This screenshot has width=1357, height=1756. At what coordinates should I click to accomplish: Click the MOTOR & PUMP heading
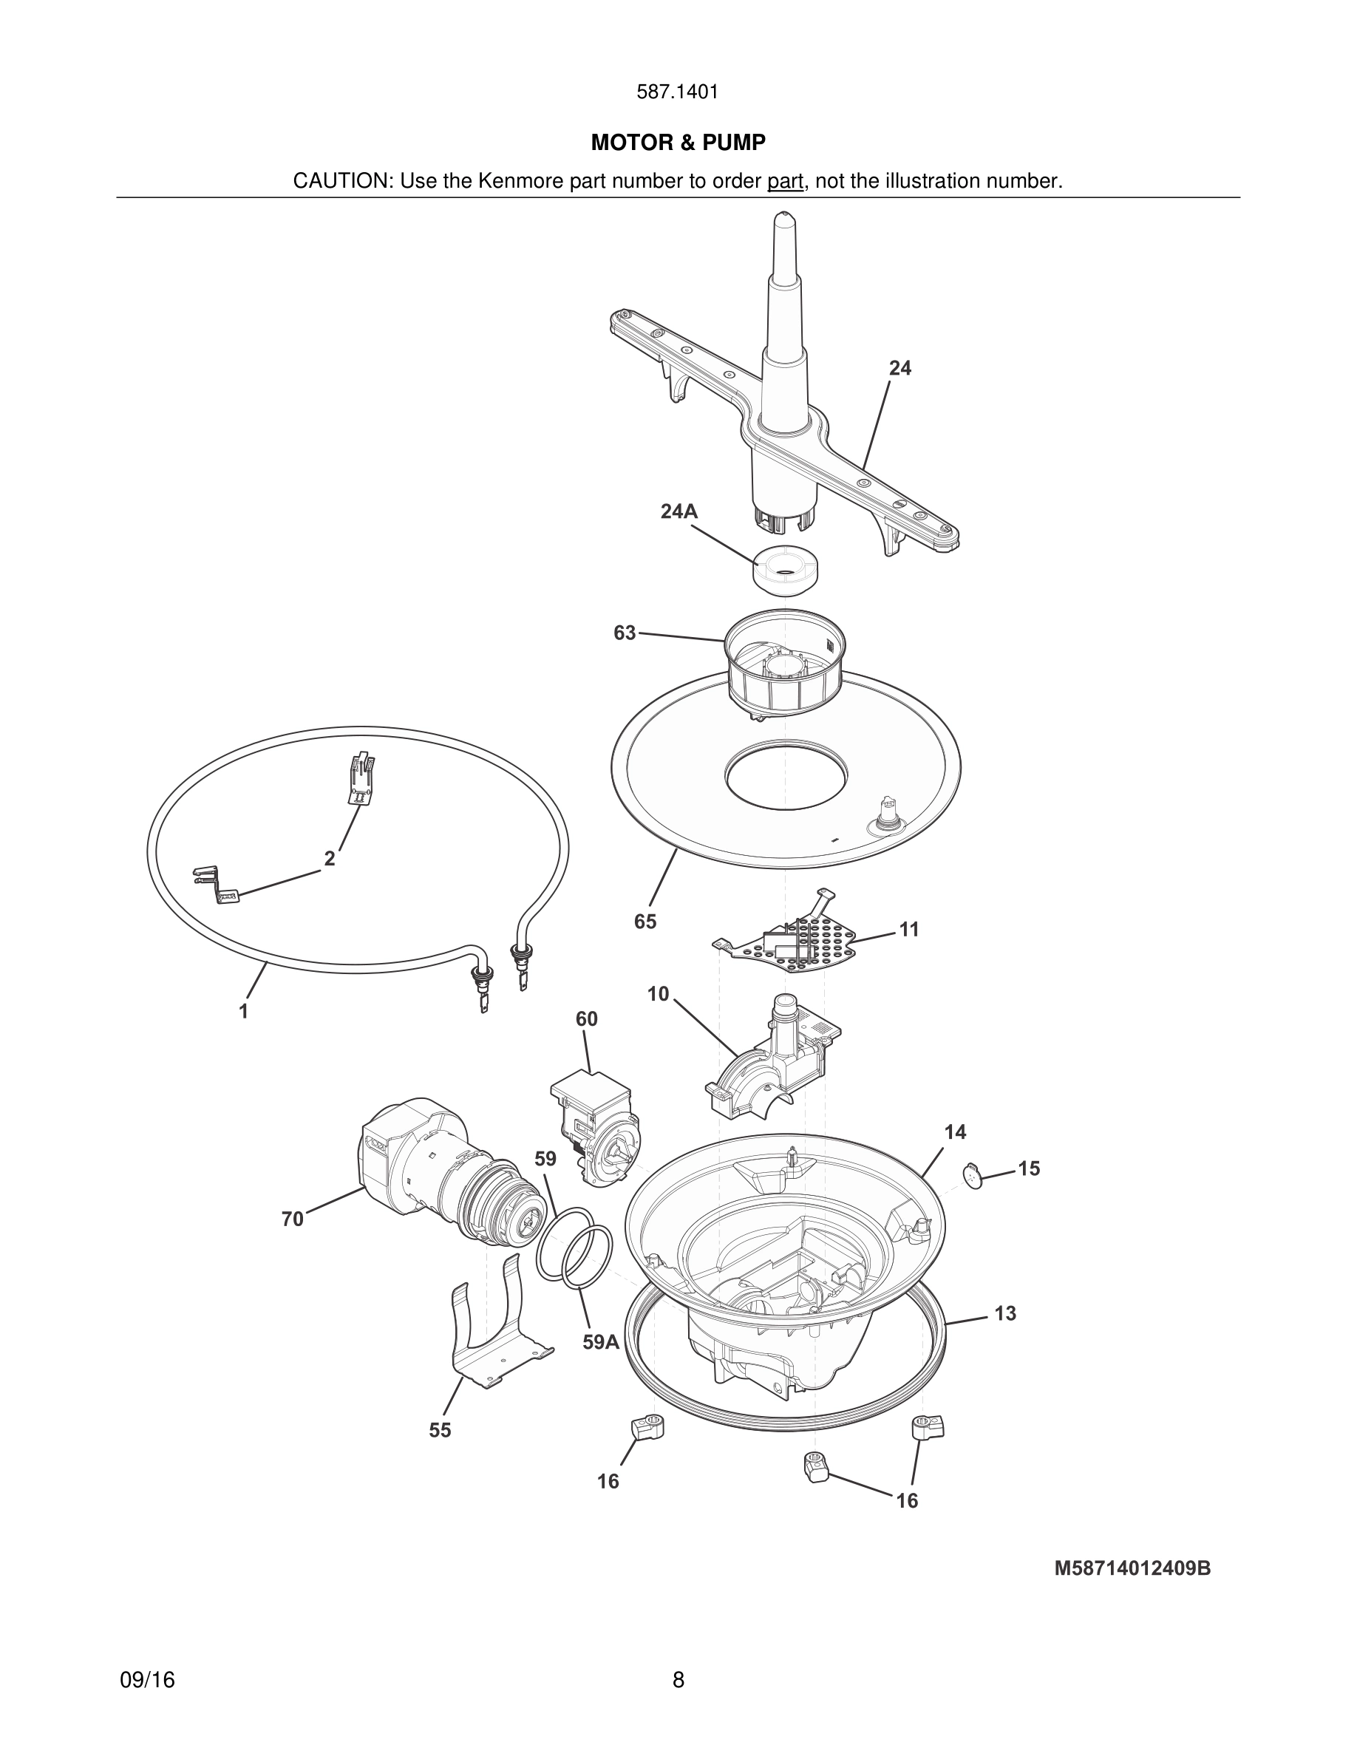tap(678, 143)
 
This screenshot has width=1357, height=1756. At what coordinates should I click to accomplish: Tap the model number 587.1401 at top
tap(677, 92)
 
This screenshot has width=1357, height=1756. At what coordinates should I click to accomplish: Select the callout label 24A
tap(678, 511)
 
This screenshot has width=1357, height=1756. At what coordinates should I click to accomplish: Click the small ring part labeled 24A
tap(786, 570)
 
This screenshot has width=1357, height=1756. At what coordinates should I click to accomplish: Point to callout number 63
tap(624, 633)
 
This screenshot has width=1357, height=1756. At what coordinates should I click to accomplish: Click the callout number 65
tap(645, 922)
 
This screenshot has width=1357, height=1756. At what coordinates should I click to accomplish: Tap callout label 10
tap(658, 995)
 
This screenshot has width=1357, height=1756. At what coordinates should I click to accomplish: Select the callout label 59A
tap(600, 1342)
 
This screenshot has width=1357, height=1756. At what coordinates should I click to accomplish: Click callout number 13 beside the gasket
tap(1005, 1314)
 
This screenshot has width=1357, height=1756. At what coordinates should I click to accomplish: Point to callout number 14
tap(954, 1132)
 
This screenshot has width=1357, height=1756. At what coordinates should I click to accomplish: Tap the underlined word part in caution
tap(785, 182)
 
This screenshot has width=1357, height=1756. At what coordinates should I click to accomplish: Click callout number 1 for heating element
tap(244, 1012)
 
